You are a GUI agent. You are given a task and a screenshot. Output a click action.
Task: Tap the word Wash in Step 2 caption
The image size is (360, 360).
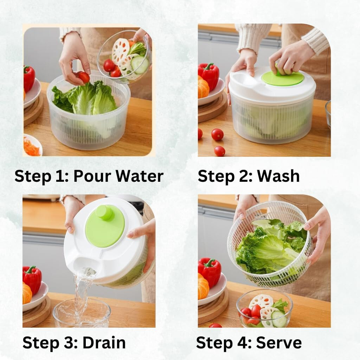(x=278, y=176)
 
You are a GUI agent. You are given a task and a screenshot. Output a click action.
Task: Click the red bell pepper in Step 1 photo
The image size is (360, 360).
(x=29, y=78)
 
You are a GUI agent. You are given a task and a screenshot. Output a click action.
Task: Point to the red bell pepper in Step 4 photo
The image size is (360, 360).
(x=210, y=271)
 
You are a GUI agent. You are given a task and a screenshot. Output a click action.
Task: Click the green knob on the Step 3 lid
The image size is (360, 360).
(x=104, y=213)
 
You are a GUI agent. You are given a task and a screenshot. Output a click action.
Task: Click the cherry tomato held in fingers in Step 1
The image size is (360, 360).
(x=84, y=77)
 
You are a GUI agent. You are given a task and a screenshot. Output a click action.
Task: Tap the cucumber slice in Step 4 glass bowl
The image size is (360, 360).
(x=279, y=319)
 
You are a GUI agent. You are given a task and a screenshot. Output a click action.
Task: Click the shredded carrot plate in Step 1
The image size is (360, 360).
(x=32, y=147)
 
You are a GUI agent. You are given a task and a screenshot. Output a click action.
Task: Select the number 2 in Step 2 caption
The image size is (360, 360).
(x=244, y=176)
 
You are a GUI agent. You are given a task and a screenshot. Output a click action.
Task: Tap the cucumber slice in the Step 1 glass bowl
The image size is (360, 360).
(x=140, y=64)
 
